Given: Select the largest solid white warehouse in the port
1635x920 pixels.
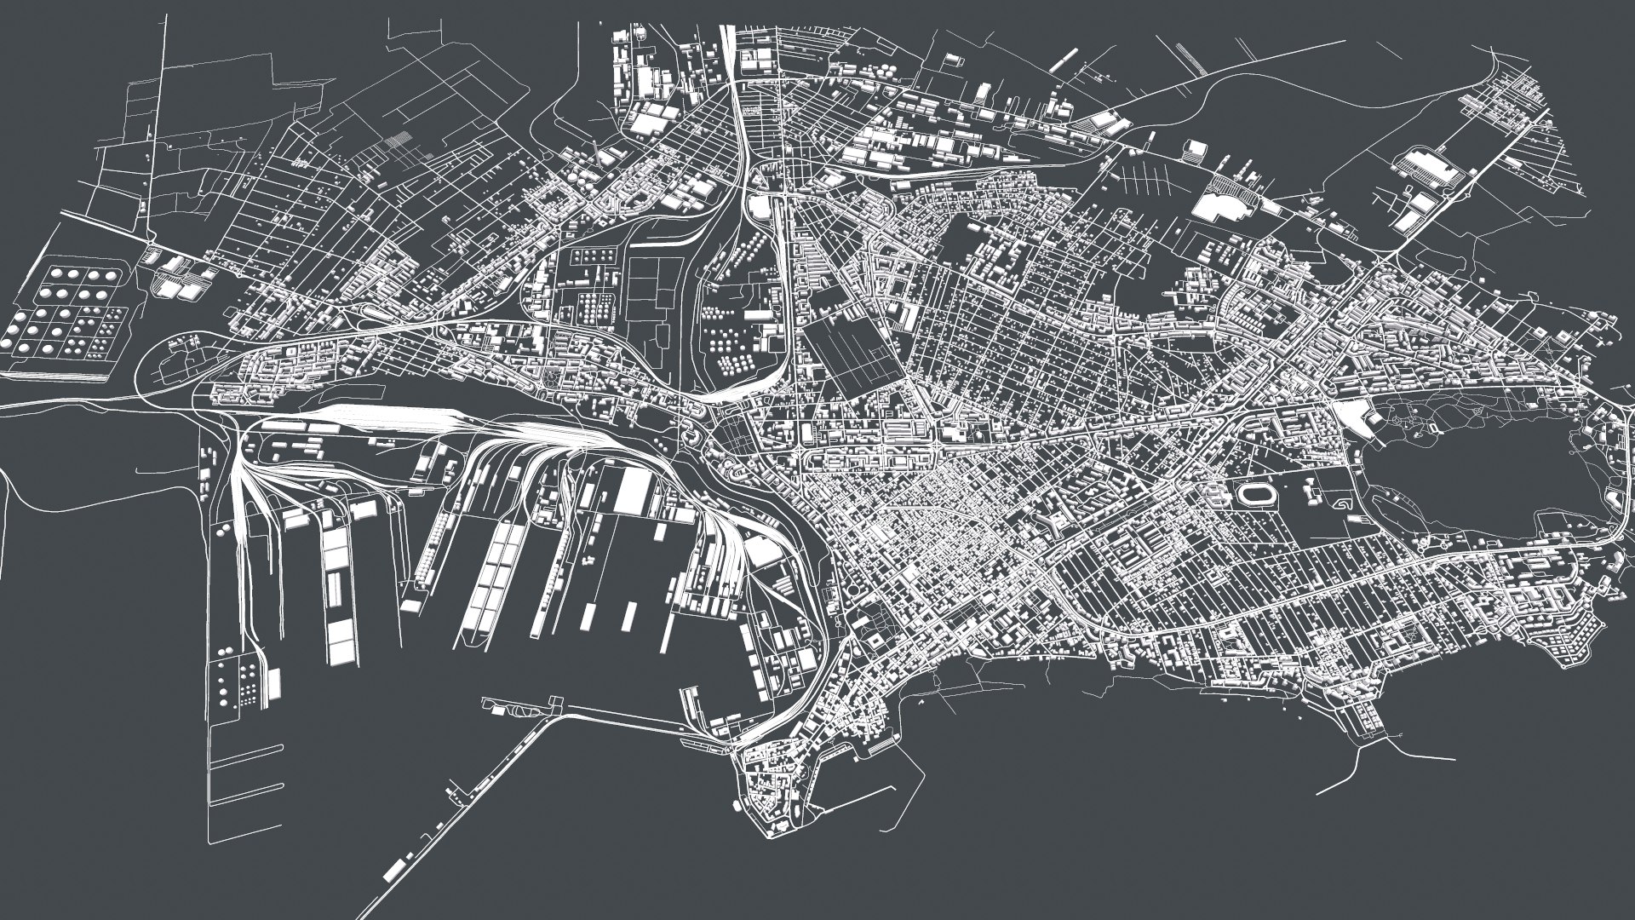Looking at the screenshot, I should click(632, 491).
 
